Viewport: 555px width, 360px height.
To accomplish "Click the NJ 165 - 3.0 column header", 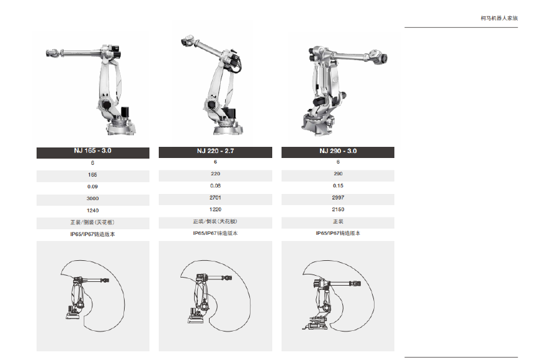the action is pyautogui.click(x=93, y=151).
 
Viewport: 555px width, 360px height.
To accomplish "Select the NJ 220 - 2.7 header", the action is pyautogui.click(x=215, y=151).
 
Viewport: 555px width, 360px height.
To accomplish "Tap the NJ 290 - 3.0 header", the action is pyautogui.click(x=338, y=151).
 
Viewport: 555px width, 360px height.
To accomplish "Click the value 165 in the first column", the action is pyautogui.click(x=93, y=175).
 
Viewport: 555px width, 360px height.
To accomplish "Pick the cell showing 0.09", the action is pyautogui.click(x=93, y=187).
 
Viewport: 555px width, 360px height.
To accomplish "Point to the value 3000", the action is pyautogui.click(x=93, y=198).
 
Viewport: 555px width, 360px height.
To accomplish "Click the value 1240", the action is pyautogui.click(x=93, y=211).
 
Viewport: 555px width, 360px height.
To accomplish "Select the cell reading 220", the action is pyautogui.click(x=215, y=173).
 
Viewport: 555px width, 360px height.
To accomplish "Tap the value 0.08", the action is pyautogui.click(x=215, y=186).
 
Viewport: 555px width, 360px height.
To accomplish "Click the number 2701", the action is pyautogui.click(x=215, y=198).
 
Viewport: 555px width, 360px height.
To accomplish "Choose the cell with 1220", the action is pyautogui.click(x=215, y=209).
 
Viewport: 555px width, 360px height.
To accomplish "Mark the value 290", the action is pyautogui.click(x=338, y=173).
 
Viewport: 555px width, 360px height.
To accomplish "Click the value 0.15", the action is pyautogui.click(x=338, y=186).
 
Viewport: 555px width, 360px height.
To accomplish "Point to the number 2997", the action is pyautogui.click(x=338, y=198).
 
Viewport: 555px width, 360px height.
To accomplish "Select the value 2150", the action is pyautogui.click(x=338, y=209).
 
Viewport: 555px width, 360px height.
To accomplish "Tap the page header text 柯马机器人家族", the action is pyautogui.click(x=499, y=18).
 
